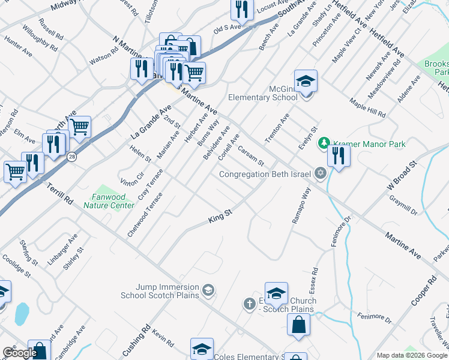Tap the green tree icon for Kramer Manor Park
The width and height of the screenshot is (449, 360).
click(x=324, y=143)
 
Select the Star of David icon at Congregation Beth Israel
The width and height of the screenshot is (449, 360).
click(x=321, y=174)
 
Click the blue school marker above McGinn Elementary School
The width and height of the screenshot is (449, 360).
click(x=306, y=81)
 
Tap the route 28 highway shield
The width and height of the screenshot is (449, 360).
click(x=71, y=157)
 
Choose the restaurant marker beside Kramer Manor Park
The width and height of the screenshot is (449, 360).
click(x=339, y=157)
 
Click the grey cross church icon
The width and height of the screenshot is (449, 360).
click(x=249, y=304)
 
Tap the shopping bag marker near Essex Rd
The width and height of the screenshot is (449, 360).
click(x=298, y=325)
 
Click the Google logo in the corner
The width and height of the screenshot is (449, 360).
click(x=20, y=353)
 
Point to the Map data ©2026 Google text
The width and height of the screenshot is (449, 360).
click(x=412, y=355)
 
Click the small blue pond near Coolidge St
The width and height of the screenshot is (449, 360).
click(x=21, y=313)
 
